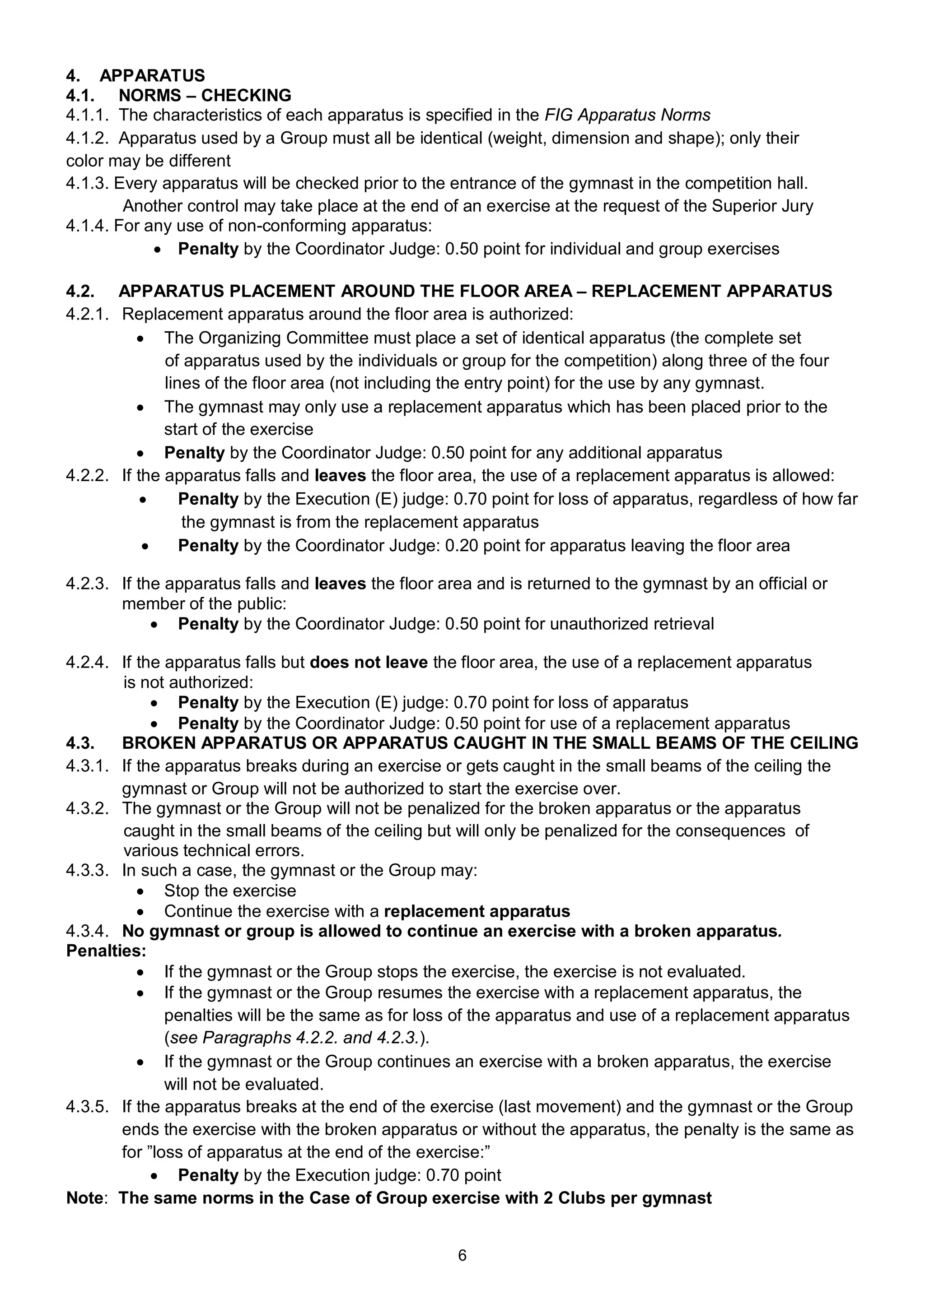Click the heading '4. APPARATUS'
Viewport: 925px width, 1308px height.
[135, 76]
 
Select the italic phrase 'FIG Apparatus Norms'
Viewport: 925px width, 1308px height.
[627, 115]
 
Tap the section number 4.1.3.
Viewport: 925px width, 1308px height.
[87, 183]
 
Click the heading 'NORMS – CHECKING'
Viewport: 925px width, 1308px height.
[205, 95]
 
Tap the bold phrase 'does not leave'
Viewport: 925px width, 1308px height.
[368, 662]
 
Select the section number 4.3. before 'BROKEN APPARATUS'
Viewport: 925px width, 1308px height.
[80, 743]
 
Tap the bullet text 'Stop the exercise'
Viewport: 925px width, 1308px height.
[230, 891]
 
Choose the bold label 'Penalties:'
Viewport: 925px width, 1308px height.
[106, 951]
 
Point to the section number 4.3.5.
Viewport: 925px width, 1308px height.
[87, 1106]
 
